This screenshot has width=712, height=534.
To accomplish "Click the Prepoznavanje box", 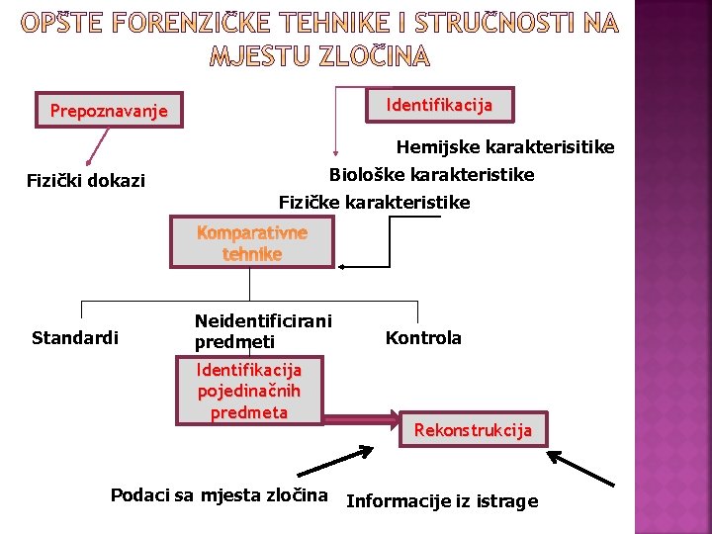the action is coord(109,111).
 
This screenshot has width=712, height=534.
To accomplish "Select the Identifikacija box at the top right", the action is coord(439,104).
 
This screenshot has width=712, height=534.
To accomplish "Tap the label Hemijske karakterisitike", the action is coord(505,147).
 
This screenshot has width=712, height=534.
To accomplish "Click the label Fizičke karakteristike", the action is coord(374,203).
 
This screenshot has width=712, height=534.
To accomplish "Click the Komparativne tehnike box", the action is coord(251,243).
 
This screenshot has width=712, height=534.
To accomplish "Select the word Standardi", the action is coord(74,338).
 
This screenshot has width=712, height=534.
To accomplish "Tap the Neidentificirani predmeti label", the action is coord(262,331).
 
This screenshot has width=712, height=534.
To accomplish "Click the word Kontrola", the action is coord(423,338).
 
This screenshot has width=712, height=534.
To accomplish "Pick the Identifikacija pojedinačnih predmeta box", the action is coord(249,391).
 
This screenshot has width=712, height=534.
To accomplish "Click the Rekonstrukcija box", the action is coord(473,430).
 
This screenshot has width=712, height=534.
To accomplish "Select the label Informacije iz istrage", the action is coord(442,501).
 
